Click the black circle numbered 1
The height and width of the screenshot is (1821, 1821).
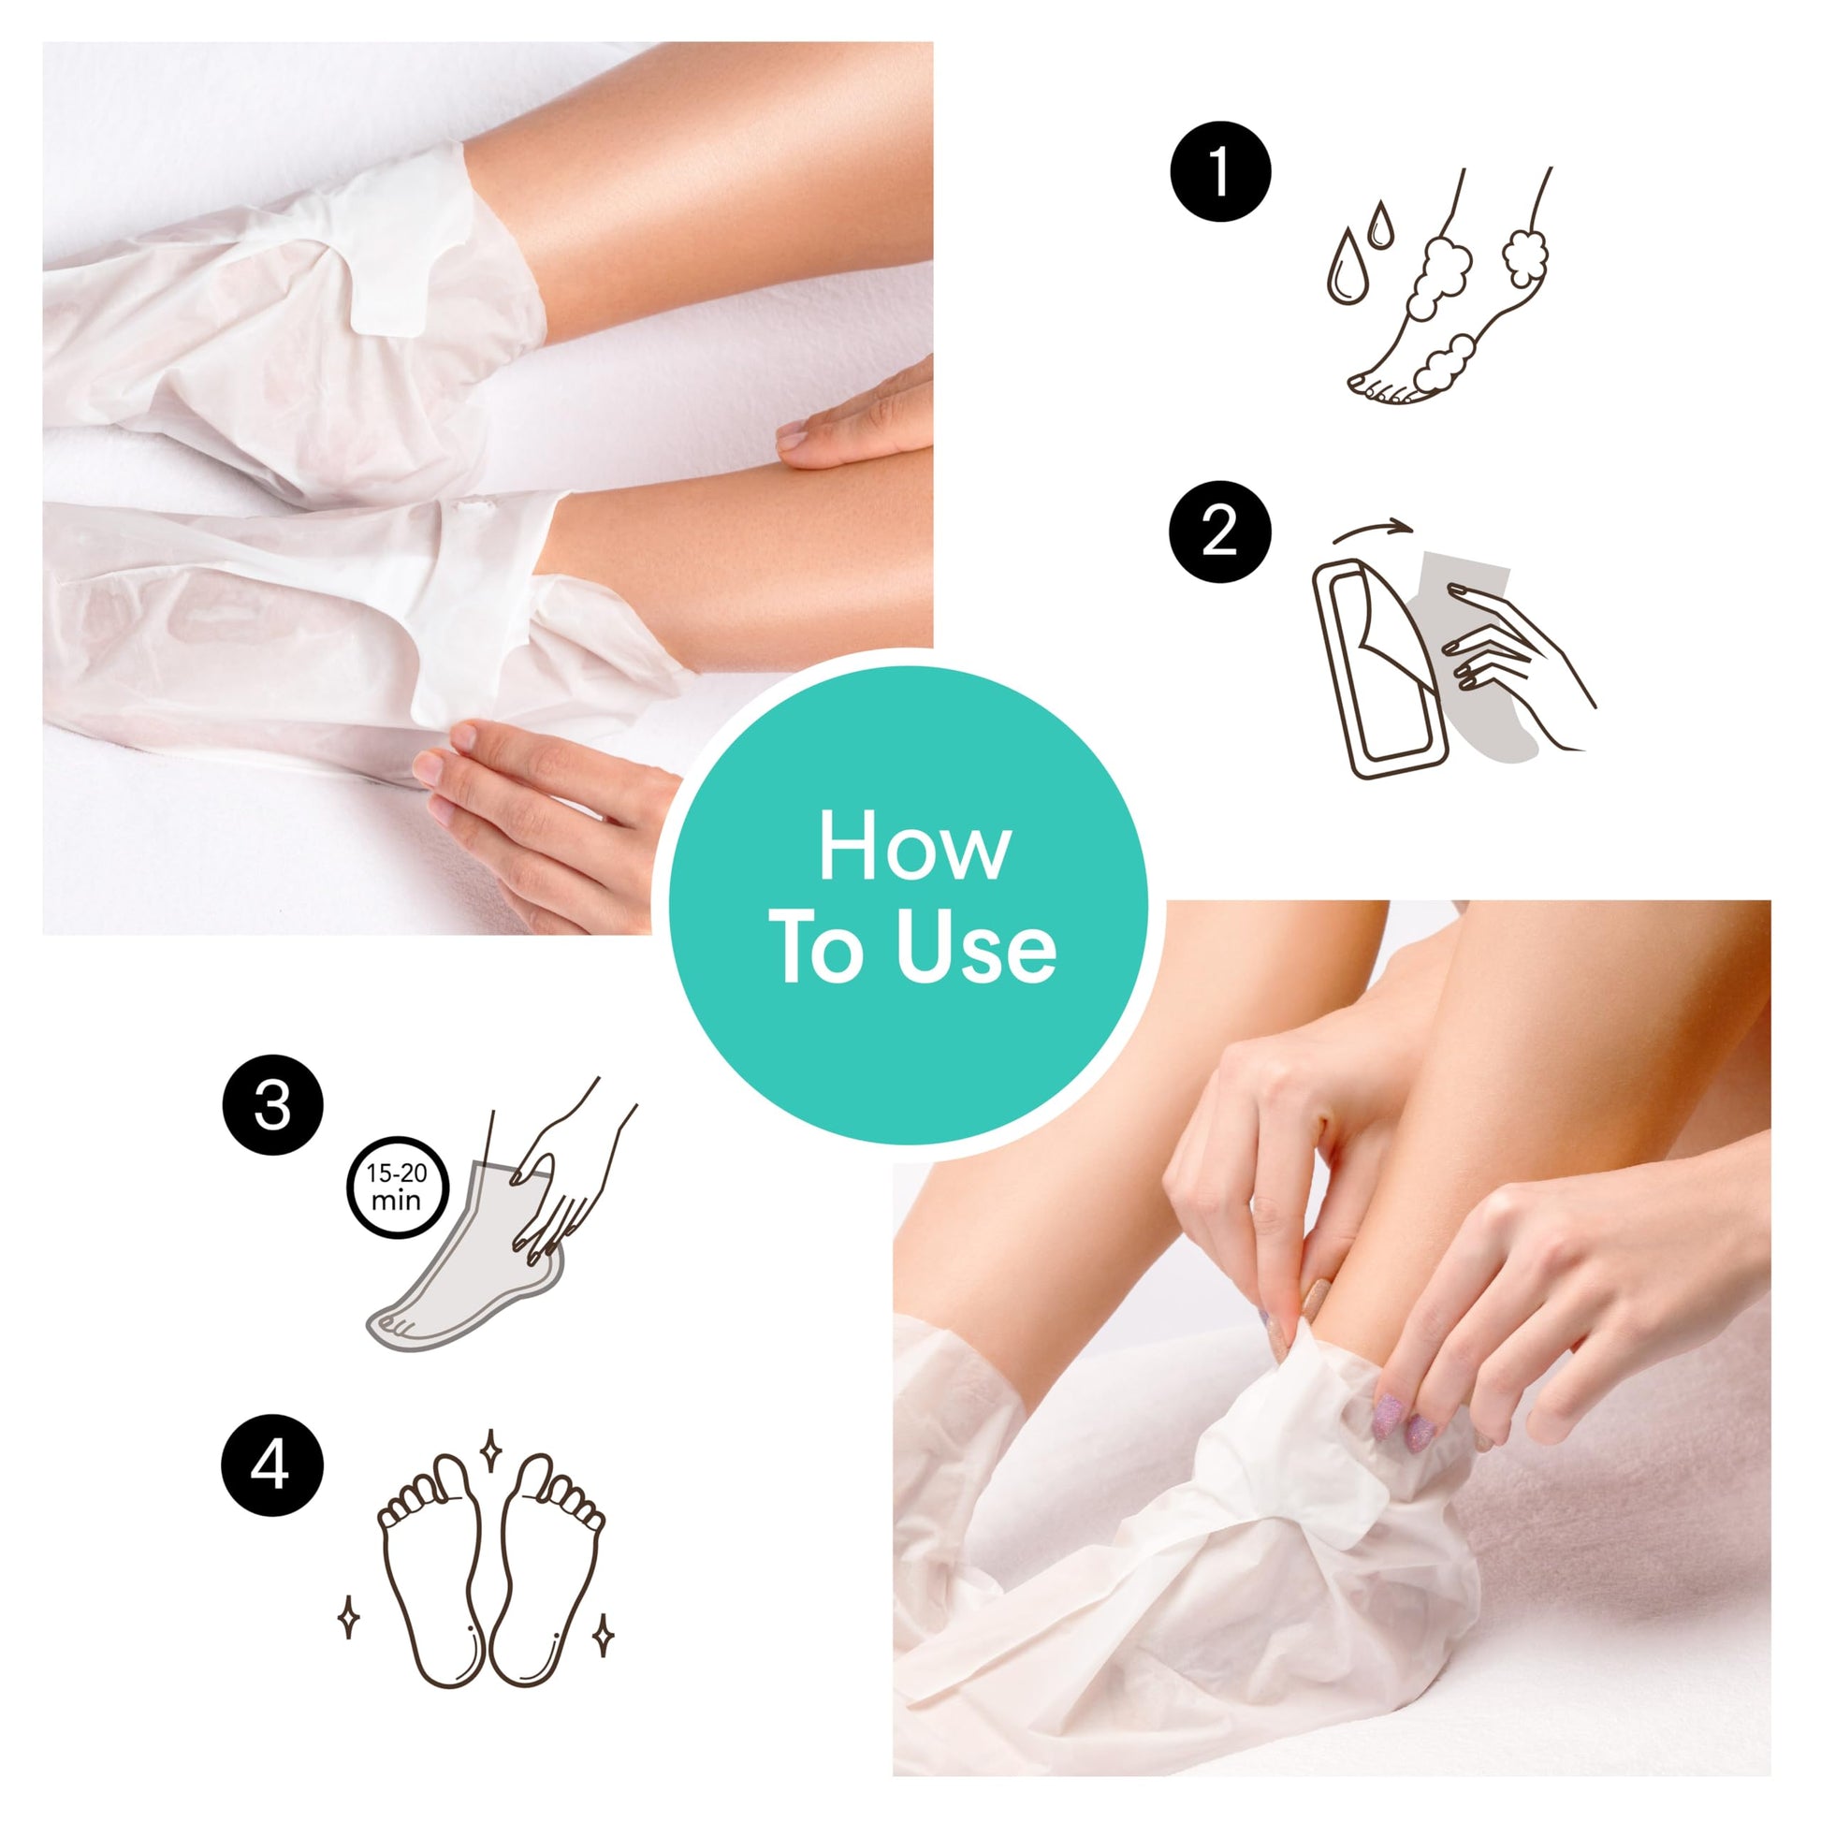(x=1219, y=171)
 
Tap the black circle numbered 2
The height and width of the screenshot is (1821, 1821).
(x=1219, y=532)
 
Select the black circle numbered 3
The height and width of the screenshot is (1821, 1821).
(x=272, y=1106)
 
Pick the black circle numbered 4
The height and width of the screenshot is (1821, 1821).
(x=272, y=1467)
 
